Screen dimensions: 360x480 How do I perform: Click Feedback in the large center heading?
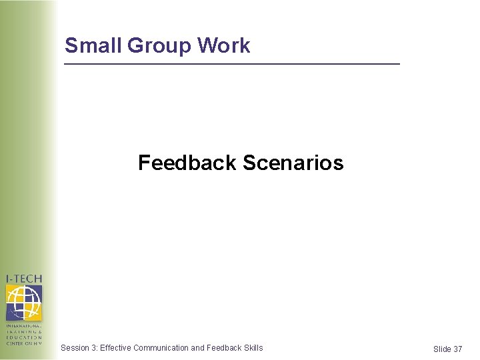(x=187, y=163)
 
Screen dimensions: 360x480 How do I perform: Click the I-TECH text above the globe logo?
(x=24, y=279)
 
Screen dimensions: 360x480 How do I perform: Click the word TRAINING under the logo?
(x=24, y=331)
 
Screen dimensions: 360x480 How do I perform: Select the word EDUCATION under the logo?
(x=24, y=337)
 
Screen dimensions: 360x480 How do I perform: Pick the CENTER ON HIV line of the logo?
(x=24, y=343)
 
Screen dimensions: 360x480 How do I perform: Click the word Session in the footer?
(x=74, y=347)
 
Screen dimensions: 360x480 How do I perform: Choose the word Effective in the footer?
(x=115, y=347)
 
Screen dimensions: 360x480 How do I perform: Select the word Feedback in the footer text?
(x=224, y=347)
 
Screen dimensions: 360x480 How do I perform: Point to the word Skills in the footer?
(x=254, y=347)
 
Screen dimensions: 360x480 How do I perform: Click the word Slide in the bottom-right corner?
(x=442, y=349)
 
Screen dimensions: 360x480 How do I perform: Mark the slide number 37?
(x=457, y=349)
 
